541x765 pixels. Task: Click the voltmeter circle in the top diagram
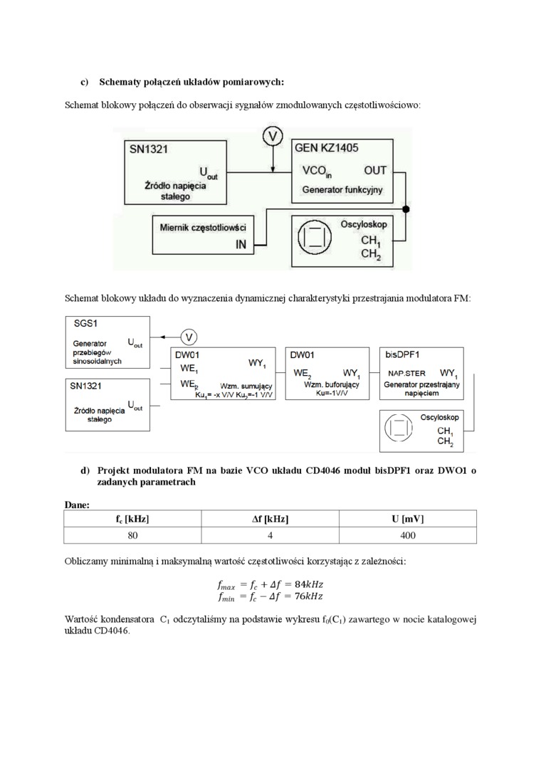coord(273,135)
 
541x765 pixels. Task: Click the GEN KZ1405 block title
coord(326,149)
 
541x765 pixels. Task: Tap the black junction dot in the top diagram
coord(406,209)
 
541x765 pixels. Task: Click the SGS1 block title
coord(86,323)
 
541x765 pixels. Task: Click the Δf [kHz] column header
coord(270,519)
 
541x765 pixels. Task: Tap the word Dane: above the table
coord(77,504)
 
